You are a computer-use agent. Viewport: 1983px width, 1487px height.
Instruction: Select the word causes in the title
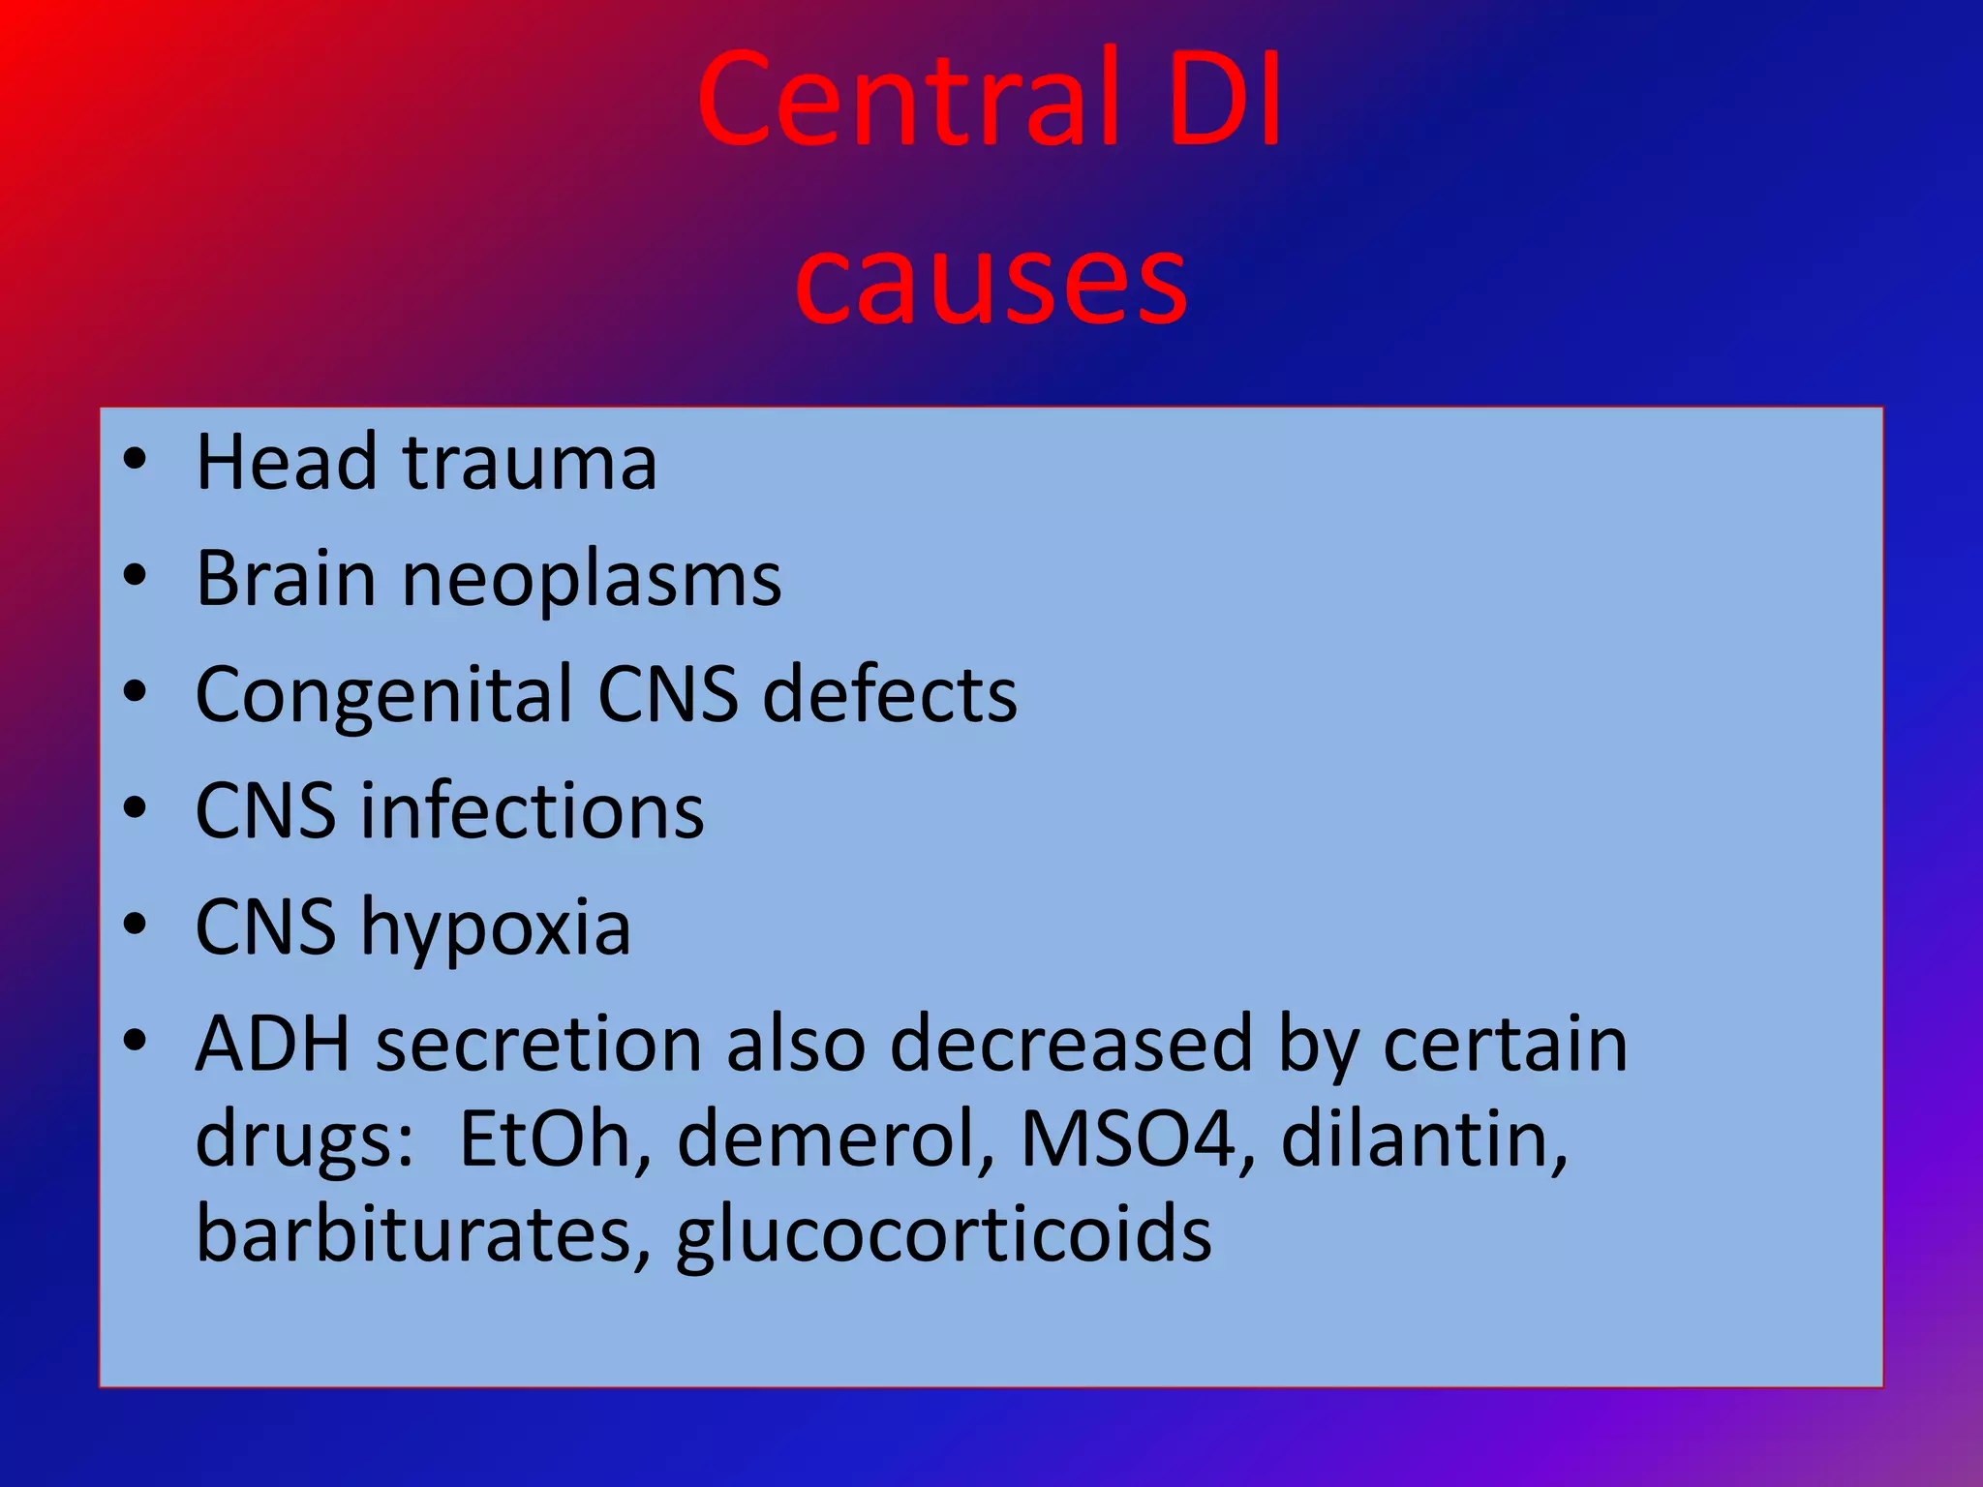[x=991, y=282]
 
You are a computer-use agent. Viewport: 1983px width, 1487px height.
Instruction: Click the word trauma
[x=530, y=463]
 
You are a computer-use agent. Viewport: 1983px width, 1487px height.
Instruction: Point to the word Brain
[x=286, y=579]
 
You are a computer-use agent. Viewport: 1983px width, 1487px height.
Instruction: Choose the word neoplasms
[x=592, y=579]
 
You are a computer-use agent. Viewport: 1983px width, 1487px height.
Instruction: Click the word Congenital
[x=384, y=695]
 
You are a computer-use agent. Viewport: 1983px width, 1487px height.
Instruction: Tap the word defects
[x=890, y=695]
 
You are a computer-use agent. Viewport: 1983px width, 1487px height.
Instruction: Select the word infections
[x=533, y=811]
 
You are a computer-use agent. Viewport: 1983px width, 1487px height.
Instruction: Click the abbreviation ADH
[x=272, y=1044]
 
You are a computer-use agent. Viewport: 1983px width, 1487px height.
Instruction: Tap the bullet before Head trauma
[x=136, y=460]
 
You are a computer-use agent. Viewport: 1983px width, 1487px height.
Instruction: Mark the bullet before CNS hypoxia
[x=136, y=925]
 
